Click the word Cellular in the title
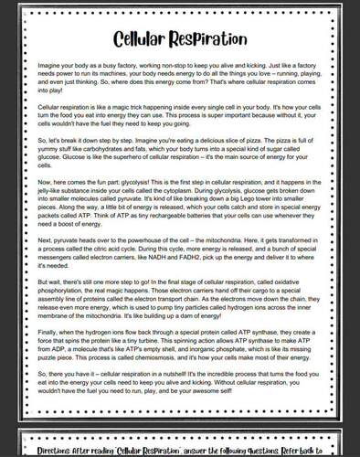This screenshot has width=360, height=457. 144,39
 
